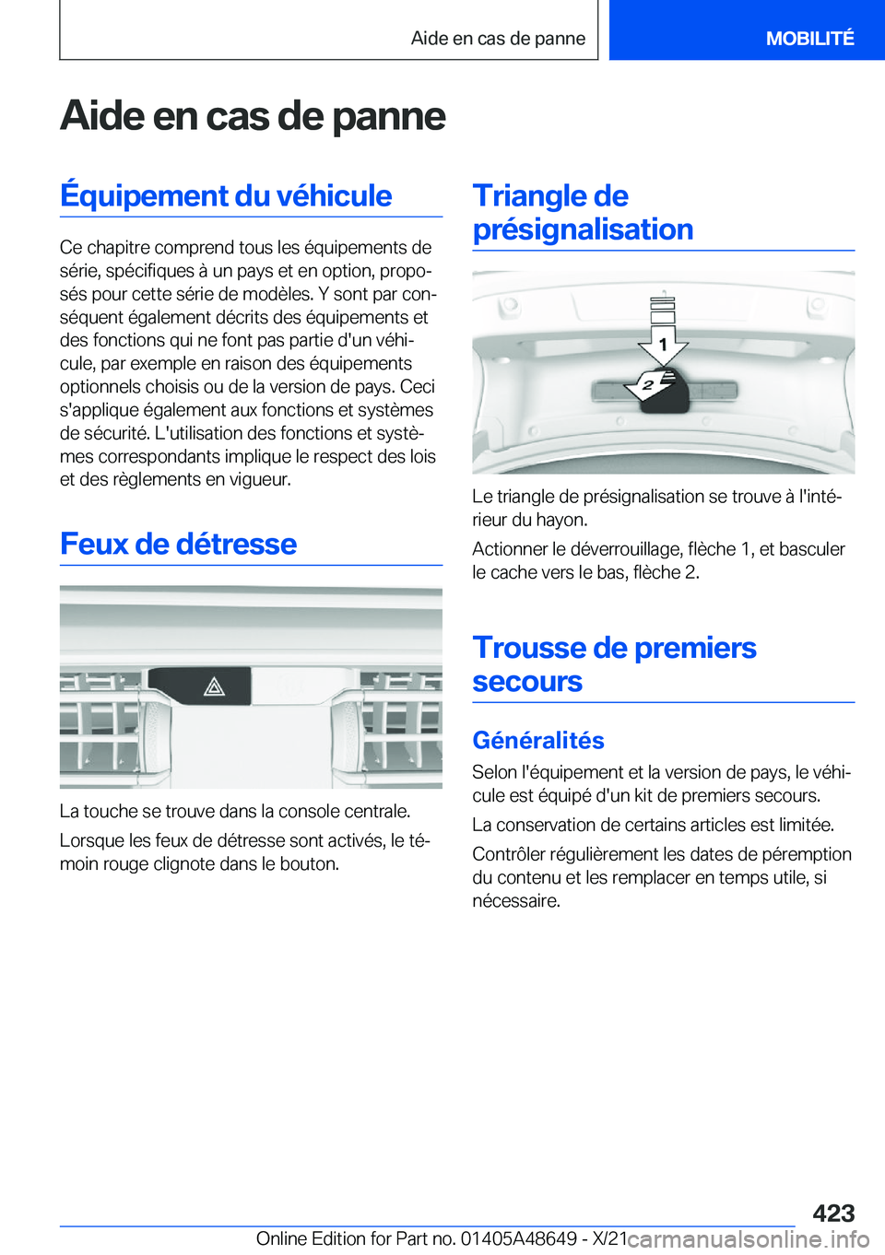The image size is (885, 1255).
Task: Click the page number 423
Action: (x=833, y=1213)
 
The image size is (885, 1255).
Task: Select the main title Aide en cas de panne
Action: (x=253, y=116)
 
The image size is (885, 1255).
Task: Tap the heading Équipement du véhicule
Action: (x=226, y=195)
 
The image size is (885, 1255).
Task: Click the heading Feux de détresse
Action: (x=178, y=544)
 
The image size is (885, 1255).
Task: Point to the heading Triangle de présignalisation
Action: (x=583, y=212)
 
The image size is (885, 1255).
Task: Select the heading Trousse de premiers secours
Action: (x=614, y=664)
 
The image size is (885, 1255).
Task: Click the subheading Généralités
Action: (x=537, y=740)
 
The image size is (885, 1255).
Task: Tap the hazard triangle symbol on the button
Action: (x=214, y=686)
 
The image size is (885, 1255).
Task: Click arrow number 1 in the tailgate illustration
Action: (x=663, y=344)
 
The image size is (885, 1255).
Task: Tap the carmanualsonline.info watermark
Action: (x=748, y=1238)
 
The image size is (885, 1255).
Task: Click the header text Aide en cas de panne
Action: (x=498, y=38)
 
